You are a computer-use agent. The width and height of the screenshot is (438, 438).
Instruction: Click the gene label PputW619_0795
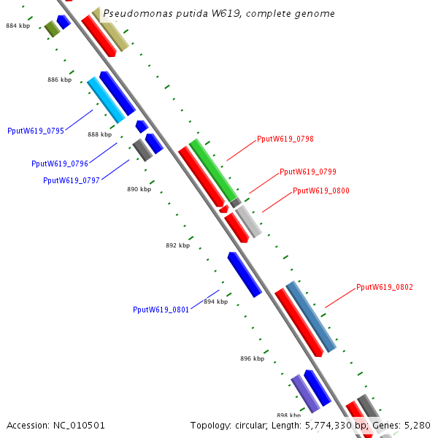coord(36,131)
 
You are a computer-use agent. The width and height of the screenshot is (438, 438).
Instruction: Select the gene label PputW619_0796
coord(60,164)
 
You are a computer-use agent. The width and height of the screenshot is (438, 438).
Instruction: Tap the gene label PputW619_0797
coord(72,180)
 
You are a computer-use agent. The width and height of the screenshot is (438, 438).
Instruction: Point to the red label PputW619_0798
coord(285,139)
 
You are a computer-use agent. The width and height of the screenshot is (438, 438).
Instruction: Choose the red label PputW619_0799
coord(308,172)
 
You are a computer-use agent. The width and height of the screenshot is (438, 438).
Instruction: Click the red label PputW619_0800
coord(321,191)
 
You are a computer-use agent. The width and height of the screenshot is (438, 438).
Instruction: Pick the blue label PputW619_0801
coord(161,310)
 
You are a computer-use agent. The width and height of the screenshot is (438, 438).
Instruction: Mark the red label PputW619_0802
coord(385,288)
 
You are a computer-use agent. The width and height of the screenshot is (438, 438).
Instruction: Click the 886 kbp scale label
coord(60,80)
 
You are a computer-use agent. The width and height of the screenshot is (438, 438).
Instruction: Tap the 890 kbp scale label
coord(139,189)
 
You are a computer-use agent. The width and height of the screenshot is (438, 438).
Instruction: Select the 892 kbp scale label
coord(177,245)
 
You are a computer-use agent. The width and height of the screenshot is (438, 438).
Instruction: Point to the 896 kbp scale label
coord(252,358)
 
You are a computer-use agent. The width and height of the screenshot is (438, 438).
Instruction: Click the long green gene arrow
coord(214,170)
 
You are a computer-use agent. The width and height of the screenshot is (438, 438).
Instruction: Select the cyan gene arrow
coord(106,100)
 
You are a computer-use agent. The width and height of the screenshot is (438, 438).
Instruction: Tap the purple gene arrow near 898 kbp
coord(305,393)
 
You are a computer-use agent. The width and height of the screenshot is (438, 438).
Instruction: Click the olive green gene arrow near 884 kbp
coord(51,28)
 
